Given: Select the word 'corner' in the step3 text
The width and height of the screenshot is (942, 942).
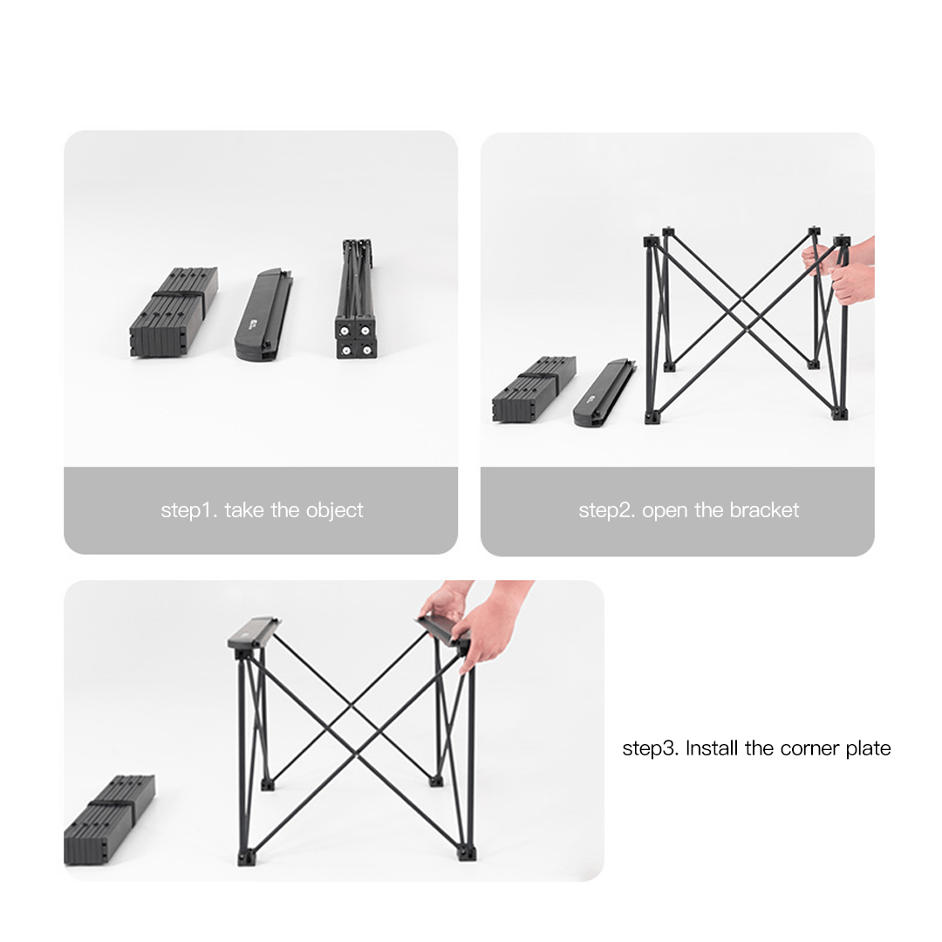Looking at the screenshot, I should [x=810, y=748].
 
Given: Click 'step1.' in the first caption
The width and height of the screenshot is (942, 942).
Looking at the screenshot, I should [x=188, y=510].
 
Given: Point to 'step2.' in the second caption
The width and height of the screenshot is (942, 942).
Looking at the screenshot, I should [x=606, y=510].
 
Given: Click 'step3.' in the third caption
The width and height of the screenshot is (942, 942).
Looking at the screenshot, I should [x=651, y=748].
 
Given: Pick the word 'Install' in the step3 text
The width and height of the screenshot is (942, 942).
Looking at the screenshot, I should [x=713, y=748].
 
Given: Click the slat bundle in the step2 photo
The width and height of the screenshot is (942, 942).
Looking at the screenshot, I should [x=533, y=389].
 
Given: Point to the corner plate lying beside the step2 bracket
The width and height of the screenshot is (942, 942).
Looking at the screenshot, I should [x=604, y=393].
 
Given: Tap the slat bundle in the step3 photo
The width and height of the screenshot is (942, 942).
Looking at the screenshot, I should [x=109, y=819].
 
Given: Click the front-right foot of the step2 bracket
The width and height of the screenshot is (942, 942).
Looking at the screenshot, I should [x=841, y=412].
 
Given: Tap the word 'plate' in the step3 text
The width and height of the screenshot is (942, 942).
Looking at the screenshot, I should [x=869, y=748].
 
